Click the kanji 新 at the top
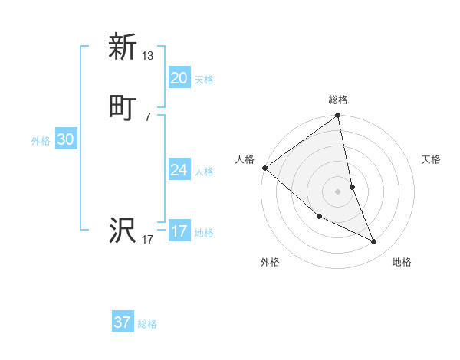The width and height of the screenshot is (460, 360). [123, 47]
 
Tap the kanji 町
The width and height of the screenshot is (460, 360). [123, 108]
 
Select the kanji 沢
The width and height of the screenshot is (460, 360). [123, 231]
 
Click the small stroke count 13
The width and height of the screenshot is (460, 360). [148, 55]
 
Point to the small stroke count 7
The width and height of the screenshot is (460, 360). [148, 116]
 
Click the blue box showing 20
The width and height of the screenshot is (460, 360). [179, 78]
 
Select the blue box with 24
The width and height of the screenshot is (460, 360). [179, 170]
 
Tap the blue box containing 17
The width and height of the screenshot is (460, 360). [179, 231]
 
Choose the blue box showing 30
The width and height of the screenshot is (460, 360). [65, 139]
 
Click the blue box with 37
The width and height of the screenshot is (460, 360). [123, 322]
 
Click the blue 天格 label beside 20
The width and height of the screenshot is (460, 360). [204, 80]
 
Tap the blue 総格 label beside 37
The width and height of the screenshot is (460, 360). [147, 324]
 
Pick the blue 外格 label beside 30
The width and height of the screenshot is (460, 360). [40, 141]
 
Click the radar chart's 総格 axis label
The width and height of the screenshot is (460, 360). [338, 100]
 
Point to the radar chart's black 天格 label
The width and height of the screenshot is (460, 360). [432, 159]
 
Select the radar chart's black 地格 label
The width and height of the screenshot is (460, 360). [402, 262]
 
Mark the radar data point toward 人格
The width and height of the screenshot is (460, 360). [264, 168]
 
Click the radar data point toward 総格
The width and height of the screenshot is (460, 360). [338, 116]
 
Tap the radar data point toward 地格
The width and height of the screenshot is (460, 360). [374, 241]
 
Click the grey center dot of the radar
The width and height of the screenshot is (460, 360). [338, 191]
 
